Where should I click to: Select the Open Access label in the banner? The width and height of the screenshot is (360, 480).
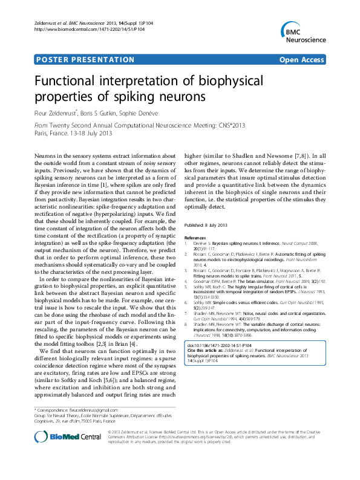[301, 60]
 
